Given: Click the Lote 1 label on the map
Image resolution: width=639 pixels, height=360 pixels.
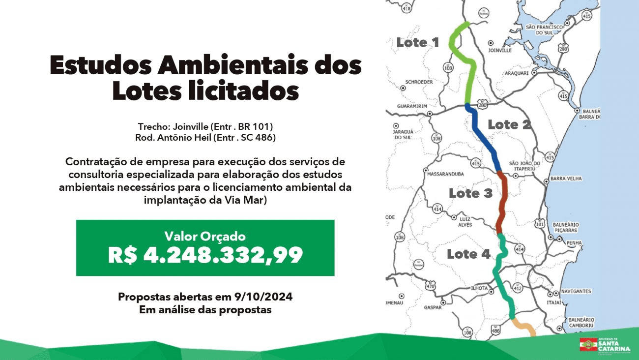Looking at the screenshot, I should pos(418,43).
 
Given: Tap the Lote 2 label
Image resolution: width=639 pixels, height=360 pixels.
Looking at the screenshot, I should pos(509,125).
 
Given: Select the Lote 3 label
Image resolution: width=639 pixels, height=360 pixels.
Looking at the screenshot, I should pos(470,193).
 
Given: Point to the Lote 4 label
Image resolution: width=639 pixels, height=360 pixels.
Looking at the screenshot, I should pos(468,254).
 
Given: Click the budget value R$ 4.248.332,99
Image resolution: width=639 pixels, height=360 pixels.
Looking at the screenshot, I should pos(205,255).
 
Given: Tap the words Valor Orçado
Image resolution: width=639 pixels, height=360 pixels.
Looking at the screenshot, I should pos(205,237).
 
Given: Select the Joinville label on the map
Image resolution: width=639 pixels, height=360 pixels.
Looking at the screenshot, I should pos(500,51).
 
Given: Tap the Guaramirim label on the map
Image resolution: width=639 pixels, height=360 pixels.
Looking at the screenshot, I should pos(412,106).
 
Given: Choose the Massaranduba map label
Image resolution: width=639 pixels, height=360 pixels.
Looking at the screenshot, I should pos(446,174).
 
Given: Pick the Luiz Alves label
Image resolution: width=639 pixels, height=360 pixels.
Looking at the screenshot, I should pos(465,222).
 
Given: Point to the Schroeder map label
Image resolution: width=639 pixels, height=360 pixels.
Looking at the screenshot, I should pos(419,82).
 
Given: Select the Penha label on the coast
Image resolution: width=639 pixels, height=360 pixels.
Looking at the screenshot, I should pos(574,243).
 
